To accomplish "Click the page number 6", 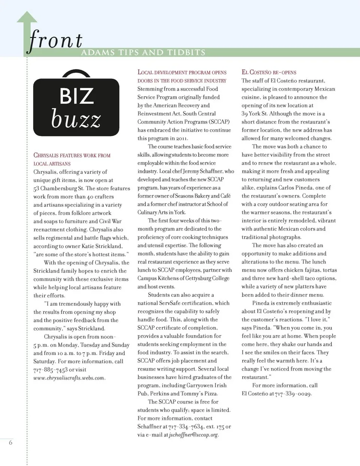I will [x=10, y=443].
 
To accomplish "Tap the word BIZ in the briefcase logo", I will [x=76, y=96].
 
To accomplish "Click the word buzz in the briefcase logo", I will [x=76, y=119].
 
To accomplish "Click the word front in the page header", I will [x=55, y=40].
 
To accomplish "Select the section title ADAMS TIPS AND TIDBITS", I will [x=143, y=52].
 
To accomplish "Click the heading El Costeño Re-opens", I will [x=269, y=72].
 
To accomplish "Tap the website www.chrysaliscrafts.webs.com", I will [x=69, y=378].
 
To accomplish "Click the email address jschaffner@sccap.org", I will [x=193, y=435].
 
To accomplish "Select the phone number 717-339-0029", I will [x=293, y=394].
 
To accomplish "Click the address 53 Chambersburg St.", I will [x=58, y=188].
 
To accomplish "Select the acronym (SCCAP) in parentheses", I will [x=218, y=122].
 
